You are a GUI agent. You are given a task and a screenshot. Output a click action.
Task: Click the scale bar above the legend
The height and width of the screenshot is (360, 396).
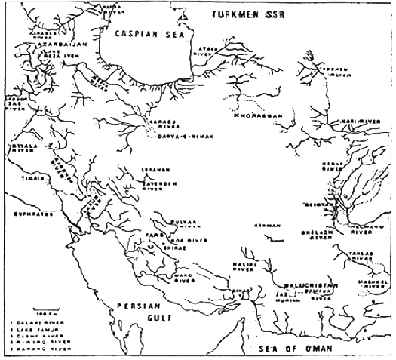click(x=43, y=309)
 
